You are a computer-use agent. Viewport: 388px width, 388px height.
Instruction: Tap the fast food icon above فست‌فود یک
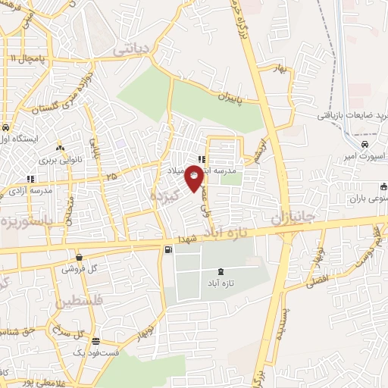click(x=95, y=342)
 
